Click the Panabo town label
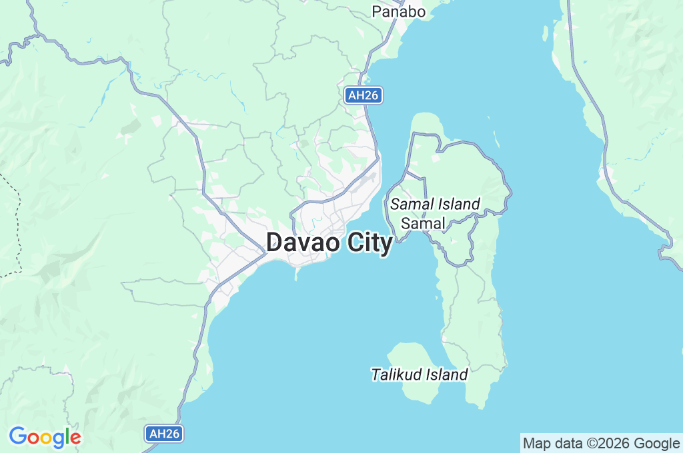click(x=399, y=11)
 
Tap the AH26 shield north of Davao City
click(x=364, y=95)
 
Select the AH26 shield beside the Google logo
click(x=164, y=434)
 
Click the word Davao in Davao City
click(x=304, y=243)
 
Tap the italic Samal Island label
click(x=435, y=204)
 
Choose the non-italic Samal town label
click(x=422, y=223)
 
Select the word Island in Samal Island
click(x=460, y=204)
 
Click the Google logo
click(x=45, y=437)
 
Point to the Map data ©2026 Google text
click(x=601, y=443)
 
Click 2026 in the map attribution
click(x=616, y=443)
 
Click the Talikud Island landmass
click(x=417, y=393)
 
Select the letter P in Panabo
click(x=377, y=11)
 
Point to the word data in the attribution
click(x=567, y=443)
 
